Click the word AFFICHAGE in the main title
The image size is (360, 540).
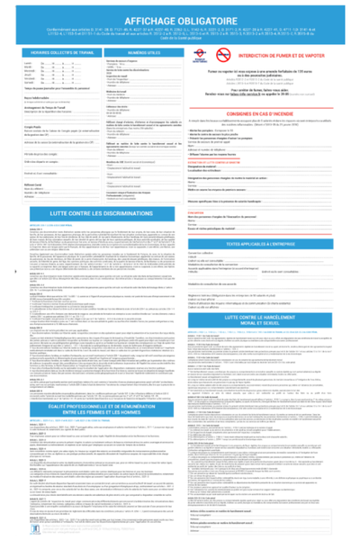(146, 17)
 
